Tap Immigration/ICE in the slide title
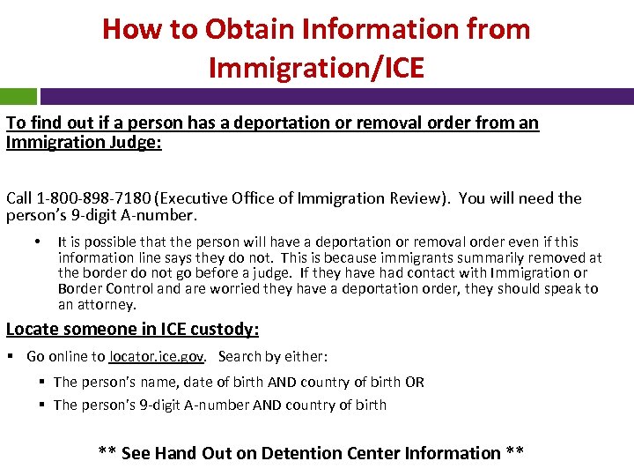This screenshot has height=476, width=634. point(317,67)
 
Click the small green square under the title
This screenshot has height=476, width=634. point(18,96)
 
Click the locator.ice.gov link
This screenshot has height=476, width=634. point(157,357)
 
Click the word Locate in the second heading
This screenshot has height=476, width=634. point(32,330)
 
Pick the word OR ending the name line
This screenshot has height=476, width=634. point(414,382)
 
